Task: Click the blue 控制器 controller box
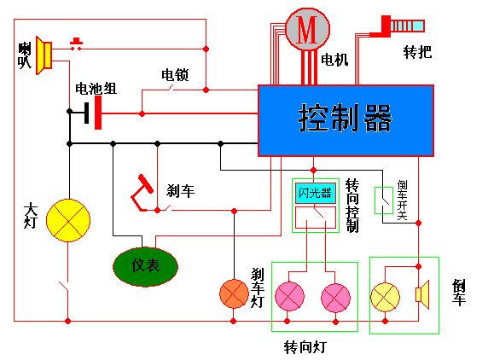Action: (x=346, y=119)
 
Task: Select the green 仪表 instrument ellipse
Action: (x=146, y=265)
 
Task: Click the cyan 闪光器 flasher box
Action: (x=314, y=192)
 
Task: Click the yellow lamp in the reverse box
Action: (x=385, y=295)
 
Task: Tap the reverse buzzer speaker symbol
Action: (x=420, y=295)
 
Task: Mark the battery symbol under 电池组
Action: (x=94, y=112)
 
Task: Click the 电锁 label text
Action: (x=176, y=74)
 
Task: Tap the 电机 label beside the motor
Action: (x=334, y=61)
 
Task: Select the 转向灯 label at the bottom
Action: (x=305, y=348)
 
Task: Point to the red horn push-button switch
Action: (x=77, y=44)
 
